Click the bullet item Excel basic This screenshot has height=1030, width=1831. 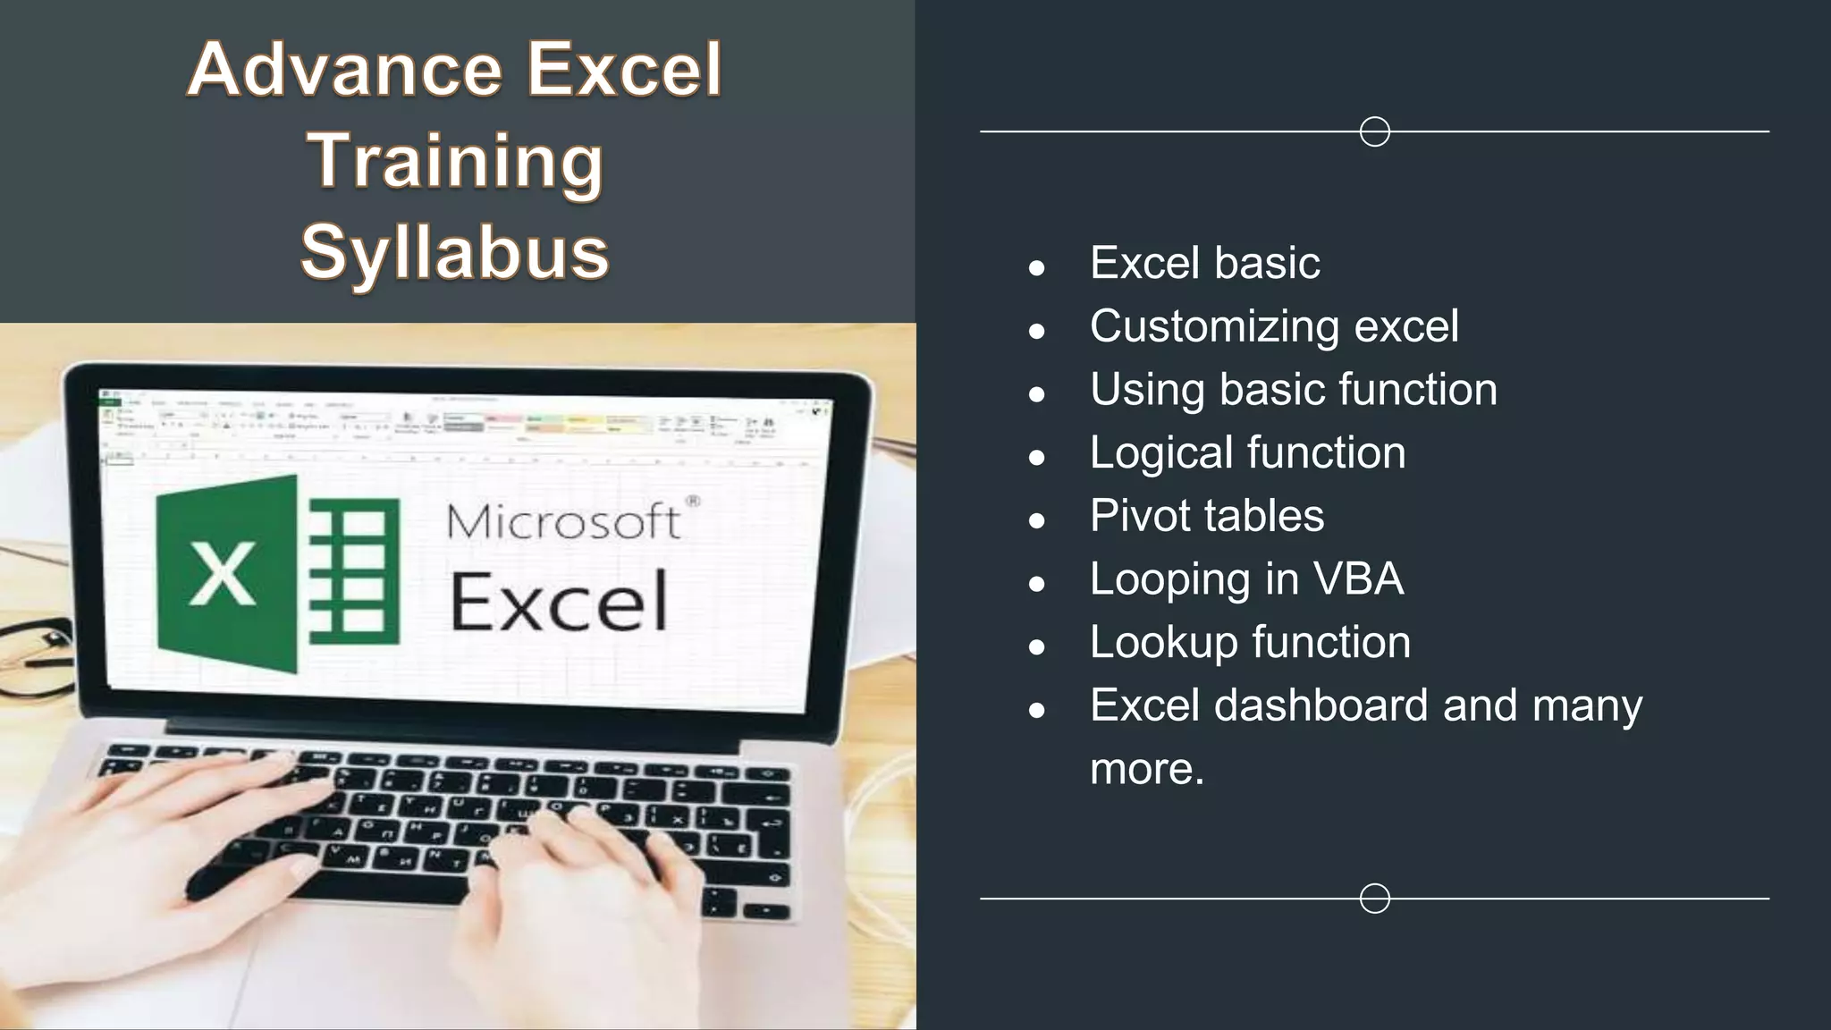[1204, 263]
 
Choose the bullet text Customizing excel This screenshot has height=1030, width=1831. [1274, 326]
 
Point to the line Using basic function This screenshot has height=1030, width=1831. [1293, 390]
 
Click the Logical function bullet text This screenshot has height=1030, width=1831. [1247, 452]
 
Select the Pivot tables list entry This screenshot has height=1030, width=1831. [1207, 516]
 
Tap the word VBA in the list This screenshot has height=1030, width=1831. [1358, 578]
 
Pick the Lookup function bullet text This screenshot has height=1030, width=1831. [1250, 642]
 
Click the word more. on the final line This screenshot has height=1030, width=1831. [1147, 769]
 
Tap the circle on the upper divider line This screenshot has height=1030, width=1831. [1374, 131]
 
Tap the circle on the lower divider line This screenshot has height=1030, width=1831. [1374, 898]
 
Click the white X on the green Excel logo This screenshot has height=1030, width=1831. [222, 574]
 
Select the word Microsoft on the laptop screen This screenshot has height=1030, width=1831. [563, 521]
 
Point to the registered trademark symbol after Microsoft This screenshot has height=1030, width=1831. [693, 502]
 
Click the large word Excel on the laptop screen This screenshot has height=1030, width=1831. [559, 601]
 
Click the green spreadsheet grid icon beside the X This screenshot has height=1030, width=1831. [354, 572]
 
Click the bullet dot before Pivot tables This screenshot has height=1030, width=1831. [1037, 520]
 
